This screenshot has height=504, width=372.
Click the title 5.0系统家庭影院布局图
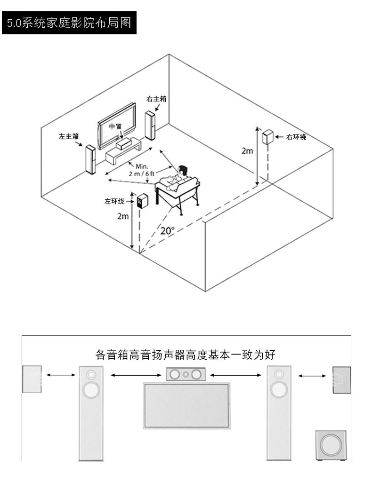point(69,23)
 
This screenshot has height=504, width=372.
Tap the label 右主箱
point(156,99)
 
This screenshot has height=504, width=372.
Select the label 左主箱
point(69,136)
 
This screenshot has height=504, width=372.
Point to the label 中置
point(115,126)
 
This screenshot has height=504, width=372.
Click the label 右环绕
point(296,137)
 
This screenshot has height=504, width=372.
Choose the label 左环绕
point(114,201)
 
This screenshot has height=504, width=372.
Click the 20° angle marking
point(168,230)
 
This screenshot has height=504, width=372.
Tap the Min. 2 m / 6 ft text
point(142,170)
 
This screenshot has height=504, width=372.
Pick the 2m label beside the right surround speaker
point(247,151)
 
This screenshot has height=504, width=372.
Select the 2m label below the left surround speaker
point(122,216)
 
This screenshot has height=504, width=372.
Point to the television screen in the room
point(117,126)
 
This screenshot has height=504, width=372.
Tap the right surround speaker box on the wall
point(268,137)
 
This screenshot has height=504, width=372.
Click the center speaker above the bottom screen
point(186,374)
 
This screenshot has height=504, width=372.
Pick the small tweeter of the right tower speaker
point(279,374)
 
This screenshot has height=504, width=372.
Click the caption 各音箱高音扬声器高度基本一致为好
point(186,355)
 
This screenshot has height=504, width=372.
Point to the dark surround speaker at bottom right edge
point(342,380)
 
